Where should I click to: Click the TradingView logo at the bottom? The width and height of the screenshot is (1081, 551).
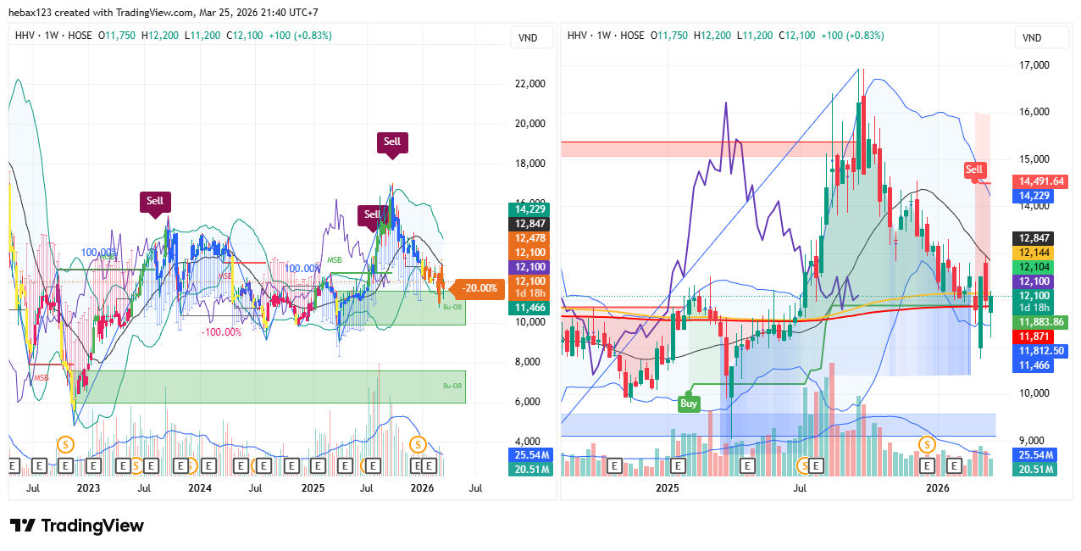tap(76, 526)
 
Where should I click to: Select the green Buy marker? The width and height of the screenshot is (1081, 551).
tap(689, 404)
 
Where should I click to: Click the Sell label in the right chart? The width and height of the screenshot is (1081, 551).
tap(974, 170)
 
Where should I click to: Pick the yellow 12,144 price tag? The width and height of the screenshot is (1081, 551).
tap(1032, 253)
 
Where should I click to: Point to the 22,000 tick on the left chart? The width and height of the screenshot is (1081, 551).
tap(529, 84)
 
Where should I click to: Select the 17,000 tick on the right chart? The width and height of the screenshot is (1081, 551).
tap(1033, 64)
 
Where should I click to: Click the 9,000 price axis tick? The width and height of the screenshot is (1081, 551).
tap(1029, 440)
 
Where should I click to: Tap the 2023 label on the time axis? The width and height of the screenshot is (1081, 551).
tap(87, 488)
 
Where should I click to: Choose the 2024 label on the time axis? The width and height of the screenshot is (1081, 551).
tap(200, 488)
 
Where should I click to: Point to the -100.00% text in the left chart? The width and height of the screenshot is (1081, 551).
tap(221, 332)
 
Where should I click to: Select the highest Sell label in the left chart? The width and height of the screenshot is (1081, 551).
tap(391, 142)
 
